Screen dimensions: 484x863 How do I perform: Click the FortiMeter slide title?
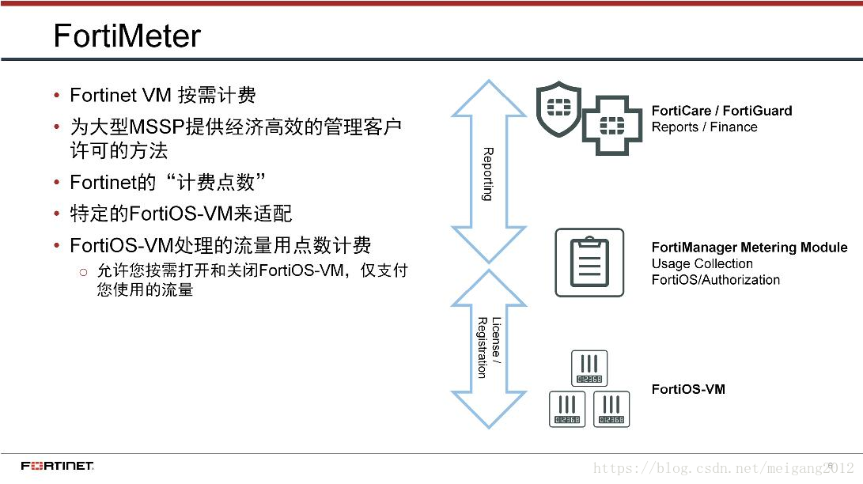point(127,36)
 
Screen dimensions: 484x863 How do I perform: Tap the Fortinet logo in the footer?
point(58,465)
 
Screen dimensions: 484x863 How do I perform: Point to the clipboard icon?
point(589,263)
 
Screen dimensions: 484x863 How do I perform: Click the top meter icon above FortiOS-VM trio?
point(589,368)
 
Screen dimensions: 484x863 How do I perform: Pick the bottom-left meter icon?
point(567,410)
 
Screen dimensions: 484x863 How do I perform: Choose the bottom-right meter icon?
point(611,410)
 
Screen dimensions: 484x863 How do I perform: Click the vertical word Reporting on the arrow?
point(488,174)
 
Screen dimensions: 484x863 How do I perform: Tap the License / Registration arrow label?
point(488,347)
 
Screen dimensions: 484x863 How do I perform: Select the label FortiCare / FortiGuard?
point(721,112)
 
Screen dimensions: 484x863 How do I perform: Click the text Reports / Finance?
point(704,127)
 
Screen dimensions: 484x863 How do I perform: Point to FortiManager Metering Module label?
point(749,248)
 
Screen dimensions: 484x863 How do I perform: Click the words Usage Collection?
point(702,263)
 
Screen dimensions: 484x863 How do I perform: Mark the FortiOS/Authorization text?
point(715,279)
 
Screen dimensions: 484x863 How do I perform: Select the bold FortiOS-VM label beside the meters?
point(688,389)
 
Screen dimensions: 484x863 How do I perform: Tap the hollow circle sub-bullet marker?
point(83,272)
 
